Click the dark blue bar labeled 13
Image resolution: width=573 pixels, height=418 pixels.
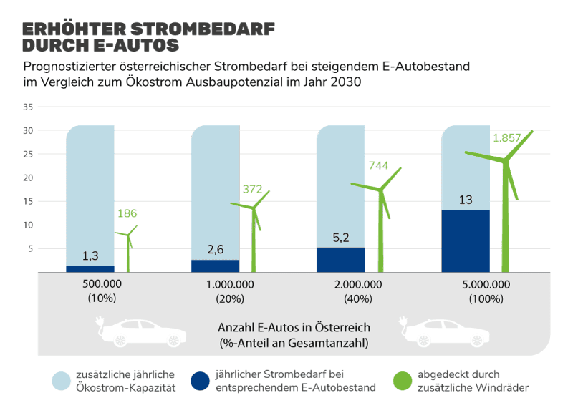[x=466, y=240]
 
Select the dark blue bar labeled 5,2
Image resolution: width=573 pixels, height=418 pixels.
[x=341, y=259]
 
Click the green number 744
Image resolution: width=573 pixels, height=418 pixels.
[x=378, y=166]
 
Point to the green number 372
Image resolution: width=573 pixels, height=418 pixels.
[x=253, y=189]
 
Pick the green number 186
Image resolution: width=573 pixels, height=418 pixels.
[x=127, y=213]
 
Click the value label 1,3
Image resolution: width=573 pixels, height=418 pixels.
[x=90, y=256]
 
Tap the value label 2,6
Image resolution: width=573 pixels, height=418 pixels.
[x=216, y=249]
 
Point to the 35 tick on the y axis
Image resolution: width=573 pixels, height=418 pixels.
[x=29, y=107]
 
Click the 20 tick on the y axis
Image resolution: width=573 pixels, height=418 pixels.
[x=29, y=178]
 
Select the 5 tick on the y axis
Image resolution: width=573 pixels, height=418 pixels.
[x=31, y=248]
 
